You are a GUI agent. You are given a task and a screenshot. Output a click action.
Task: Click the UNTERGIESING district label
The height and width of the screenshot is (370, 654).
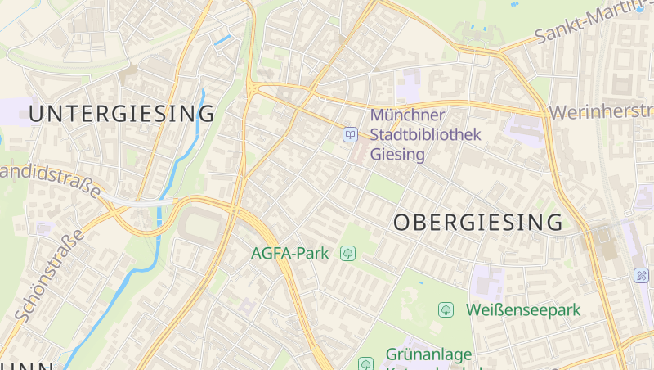[122, 114]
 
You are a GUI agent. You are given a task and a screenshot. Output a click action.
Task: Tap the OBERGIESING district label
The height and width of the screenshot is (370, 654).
[478, 222]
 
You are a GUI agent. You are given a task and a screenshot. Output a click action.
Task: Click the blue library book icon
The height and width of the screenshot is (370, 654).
[350, 134]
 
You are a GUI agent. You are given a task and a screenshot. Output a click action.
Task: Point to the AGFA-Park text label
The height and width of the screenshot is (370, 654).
[289, 253]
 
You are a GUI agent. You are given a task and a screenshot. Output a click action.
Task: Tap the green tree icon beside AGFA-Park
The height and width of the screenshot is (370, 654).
[348, 253]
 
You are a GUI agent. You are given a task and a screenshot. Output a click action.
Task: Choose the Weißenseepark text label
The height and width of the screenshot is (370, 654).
[522, 309]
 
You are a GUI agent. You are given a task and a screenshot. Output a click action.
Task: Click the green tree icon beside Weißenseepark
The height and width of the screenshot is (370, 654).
[446, 309]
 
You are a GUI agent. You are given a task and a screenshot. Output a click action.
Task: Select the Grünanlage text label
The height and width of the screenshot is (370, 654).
[428, 355]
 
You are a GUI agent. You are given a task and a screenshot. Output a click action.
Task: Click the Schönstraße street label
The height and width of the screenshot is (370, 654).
[50, 274]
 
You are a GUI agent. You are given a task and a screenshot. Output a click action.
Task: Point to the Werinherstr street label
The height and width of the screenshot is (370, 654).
[602, 111]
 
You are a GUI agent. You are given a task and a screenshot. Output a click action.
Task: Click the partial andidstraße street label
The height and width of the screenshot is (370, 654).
[51, 180]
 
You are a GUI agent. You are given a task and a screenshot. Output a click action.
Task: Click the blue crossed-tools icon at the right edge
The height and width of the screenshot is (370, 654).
[643, 276]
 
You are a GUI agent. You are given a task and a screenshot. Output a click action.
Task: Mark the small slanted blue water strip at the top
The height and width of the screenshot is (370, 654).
[222, 39]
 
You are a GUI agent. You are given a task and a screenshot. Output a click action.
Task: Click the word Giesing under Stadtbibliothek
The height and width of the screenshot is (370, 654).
[398, 154]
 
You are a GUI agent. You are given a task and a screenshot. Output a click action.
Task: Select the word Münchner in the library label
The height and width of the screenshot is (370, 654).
[407, 115]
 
